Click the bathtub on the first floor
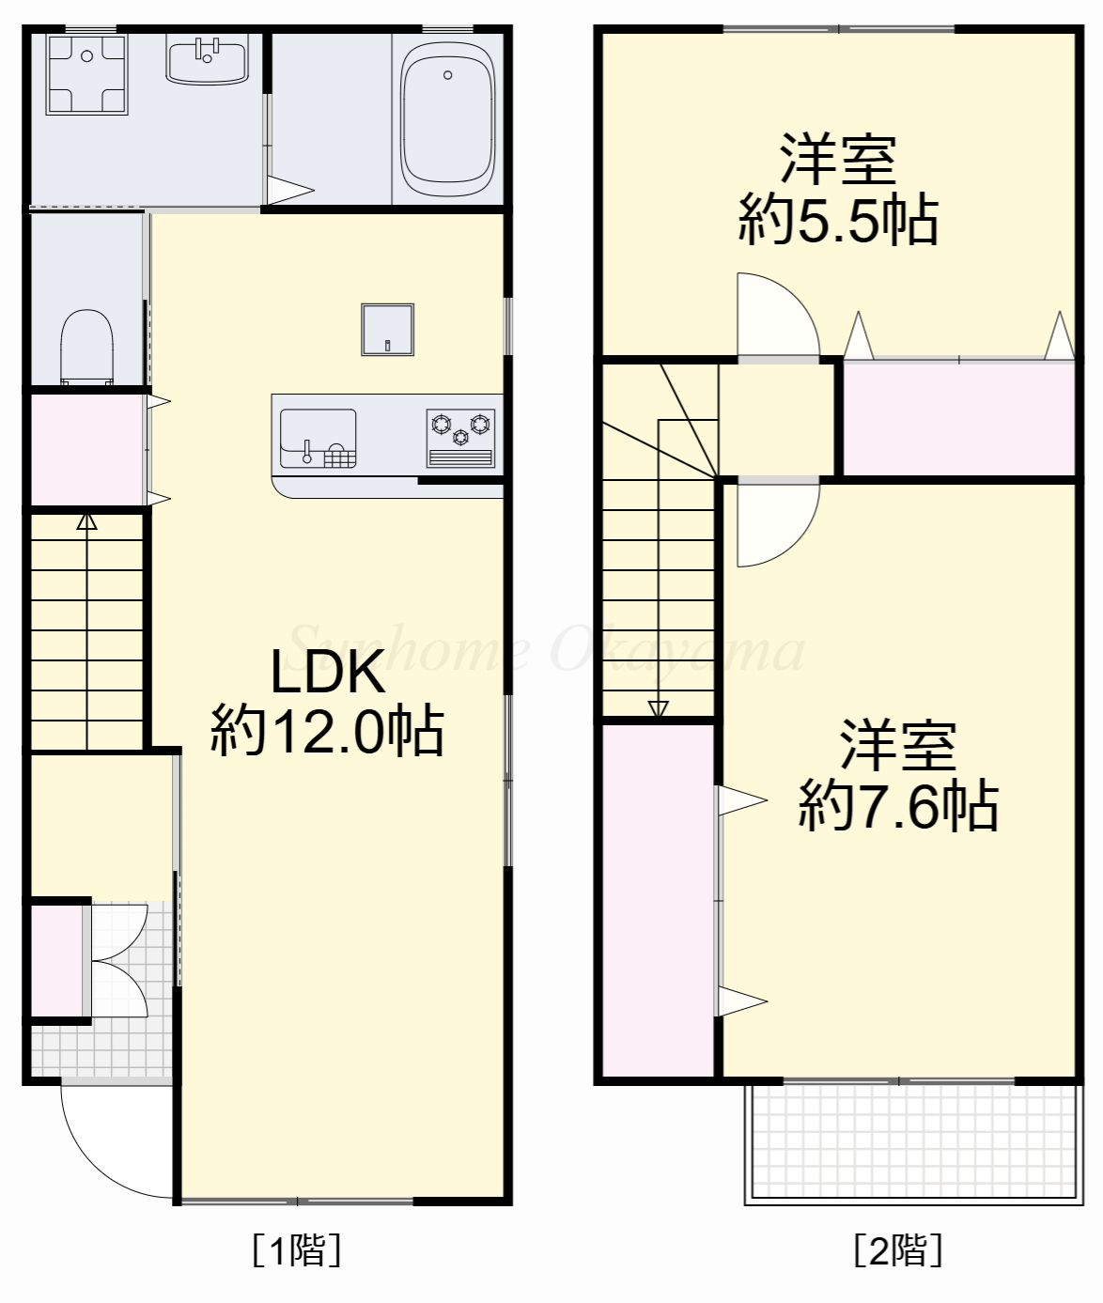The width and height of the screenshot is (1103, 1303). click(x=447, y=120)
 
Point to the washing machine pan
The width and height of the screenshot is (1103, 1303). click(x=86, y=75)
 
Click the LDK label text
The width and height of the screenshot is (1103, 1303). click(x=327, y=673)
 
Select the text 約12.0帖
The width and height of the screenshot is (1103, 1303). click(x=327, y=731)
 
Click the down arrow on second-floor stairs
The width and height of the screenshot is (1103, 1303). click(x=658, y=708)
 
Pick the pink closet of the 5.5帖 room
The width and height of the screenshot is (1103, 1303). click(x=958, y=418)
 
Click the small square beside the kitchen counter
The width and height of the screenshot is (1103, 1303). click(x=387, y=330)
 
